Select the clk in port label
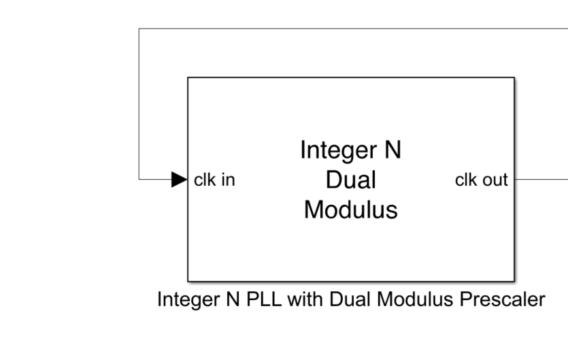[215, 180]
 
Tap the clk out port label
[481, 180]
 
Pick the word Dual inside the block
[351, 180]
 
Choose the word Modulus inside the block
[351, 210]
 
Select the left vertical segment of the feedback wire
[139, 102]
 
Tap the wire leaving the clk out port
[541, 180]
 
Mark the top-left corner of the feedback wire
[139, 29]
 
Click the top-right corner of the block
[514, 78]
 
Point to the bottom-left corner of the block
[188, 280]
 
